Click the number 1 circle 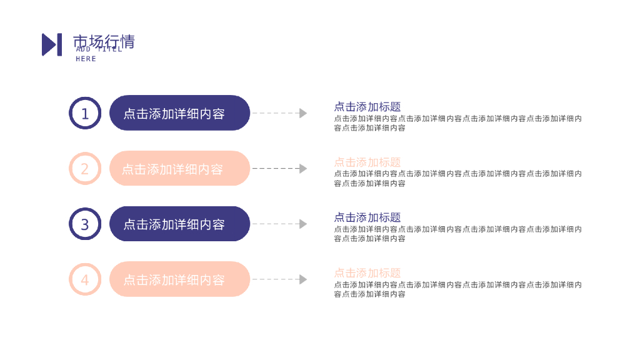coord(85,113)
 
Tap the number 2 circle coord(85,169)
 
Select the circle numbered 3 coord(85,224)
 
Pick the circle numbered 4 coord(85,279)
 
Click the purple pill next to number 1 coord(179,113)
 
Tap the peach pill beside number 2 coord(179,169)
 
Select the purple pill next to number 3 coord(179,224)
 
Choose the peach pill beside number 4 coord(179,279)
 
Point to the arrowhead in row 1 coord(303,113)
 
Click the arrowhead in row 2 coord(303,169)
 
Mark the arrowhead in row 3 coord(303,224)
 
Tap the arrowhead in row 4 coord(303,279)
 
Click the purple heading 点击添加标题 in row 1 coord(367,107)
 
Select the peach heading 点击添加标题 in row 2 coord(367,162)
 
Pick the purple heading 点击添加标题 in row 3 coord(367,217)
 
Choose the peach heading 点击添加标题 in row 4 coord(367,273)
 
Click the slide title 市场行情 coord(104,41)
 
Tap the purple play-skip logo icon coord(52,44)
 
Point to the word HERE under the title coord(86,59)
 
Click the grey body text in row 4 coord(457,289)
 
